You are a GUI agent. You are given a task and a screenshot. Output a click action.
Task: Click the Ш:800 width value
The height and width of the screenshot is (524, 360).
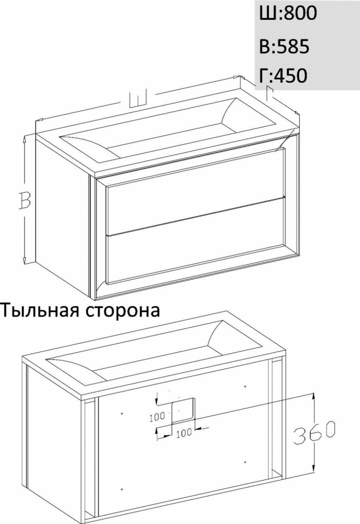click(288, 14)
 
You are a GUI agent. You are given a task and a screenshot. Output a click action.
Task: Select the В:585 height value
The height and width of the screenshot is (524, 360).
click(284, 46)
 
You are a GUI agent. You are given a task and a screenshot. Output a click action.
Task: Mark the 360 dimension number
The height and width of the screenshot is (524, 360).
click(315, 432)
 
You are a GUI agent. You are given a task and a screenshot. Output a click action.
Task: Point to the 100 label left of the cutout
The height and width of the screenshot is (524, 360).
click(157, 417)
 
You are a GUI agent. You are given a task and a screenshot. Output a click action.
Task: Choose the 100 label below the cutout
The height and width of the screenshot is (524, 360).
click(184, 432)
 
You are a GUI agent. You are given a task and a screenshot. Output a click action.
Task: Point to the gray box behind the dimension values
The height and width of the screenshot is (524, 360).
click(308, 45)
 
